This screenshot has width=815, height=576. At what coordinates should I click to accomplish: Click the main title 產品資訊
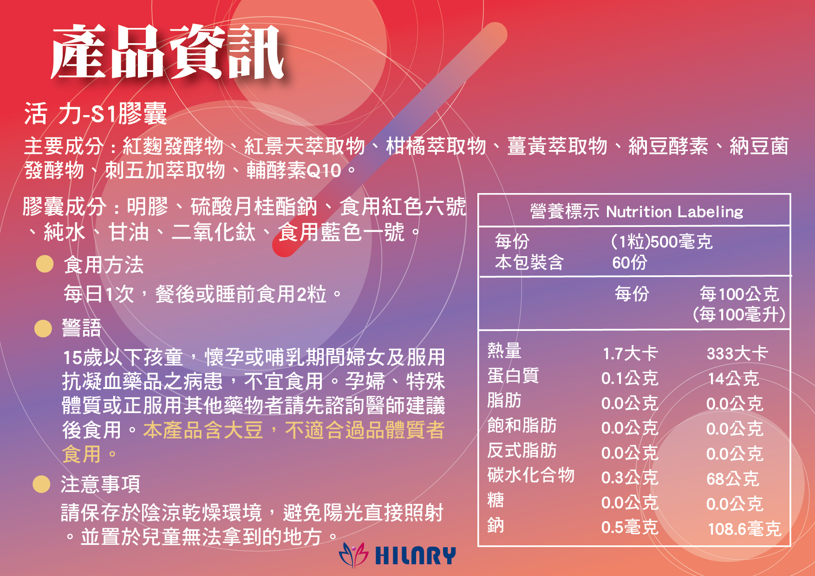(167, 52)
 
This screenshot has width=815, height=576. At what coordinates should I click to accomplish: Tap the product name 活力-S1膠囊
(96, 113)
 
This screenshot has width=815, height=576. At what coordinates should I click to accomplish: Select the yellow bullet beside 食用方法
(45, 264)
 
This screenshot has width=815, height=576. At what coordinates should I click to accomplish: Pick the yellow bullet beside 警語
(43, 328)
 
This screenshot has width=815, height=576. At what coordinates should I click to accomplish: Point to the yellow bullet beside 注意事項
(41, 484)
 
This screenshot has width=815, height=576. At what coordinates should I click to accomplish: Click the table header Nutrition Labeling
(674, 212)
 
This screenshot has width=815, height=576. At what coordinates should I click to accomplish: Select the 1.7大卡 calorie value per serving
(630, 353)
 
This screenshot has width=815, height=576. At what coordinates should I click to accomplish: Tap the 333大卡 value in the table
(737, 353)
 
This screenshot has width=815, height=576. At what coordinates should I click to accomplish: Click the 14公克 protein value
(733, 378)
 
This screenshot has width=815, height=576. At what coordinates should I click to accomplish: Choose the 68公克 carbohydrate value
(733, 479)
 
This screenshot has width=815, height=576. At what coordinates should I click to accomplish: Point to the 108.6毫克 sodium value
(744, 529)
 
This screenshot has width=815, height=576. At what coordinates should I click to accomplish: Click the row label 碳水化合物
(531, 475)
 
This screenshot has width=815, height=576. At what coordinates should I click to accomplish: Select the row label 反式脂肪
(522, 450)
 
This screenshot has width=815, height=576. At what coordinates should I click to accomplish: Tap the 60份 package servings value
(629, 263)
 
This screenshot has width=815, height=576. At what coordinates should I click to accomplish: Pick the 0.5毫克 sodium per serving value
(630, 527)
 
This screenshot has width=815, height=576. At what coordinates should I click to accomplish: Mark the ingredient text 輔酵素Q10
(294, 170)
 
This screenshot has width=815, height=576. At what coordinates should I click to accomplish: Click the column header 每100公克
(739, 294)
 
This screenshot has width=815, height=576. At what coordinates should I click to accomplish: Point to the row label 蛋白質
(513, 375)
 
